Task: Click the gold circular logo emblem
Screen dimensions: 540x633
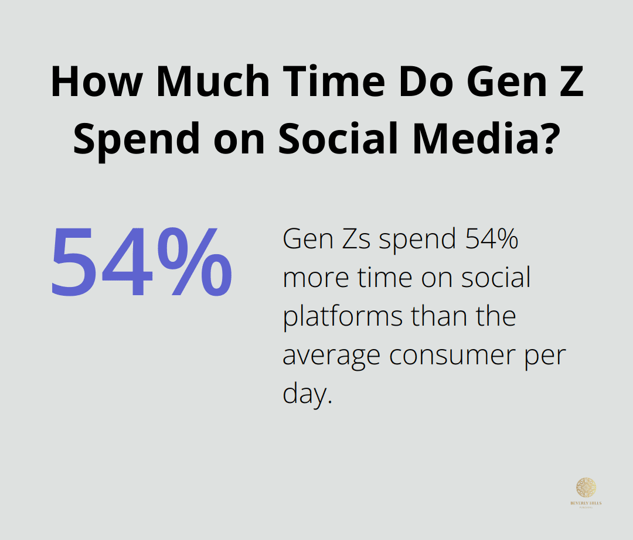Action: tap(586, 487)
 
